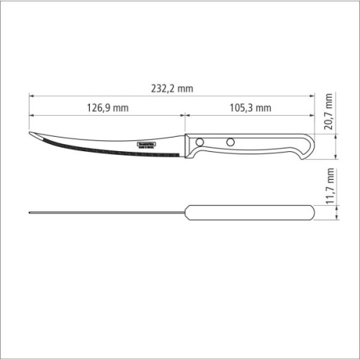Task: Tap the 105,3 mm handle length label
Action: [248, 108]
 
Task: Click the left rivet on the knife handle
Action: [201, 142]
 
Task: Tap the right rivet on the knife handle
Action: [230, 142]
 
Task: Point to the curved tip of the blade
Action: [32, 135]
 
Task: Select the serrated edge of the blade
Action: [108, 152]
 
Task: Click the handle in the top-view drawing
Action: [248, 212]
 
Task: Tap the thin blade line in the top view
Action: [108, 212]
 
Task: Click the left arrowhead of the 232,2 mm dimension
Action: [32, 95]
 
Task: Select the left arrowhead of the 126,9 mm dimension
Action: [32, 114]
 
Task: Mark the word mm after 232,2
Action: [186, 88]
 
